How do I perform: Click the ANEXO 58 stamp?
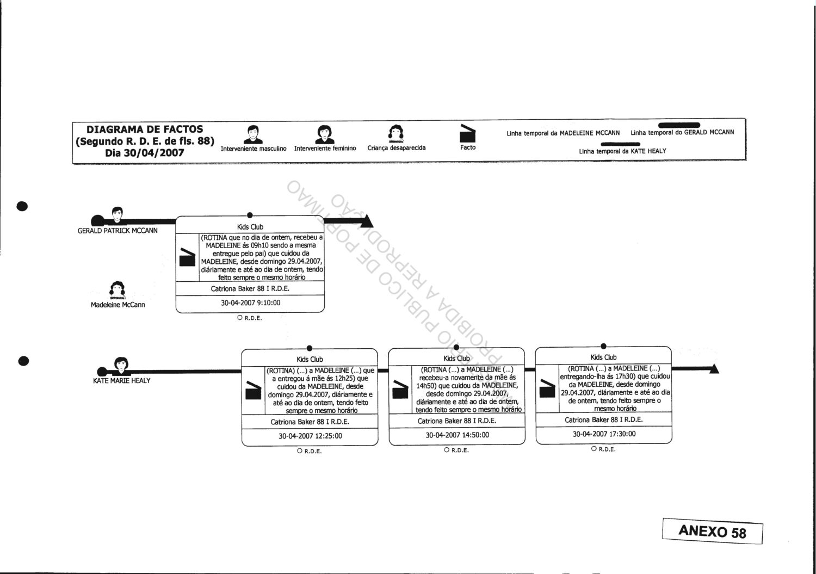tap(713, 530)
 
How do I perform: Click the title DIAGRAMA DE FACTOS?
tap(145, 129)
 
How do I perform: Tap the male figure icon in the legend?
tap(253, 134)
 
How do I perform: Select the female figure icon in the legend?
tap(325, 134)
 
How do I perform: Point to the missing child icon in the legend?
tap(396, 133)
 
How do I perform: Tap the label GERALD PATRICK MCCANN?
tap(118, 231)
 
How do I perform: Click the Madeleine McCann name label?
tap(118, 305)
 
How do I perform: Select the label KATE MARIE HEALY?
tap(122, 380)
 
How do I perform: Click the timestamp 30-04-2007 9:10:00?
tap(250, 303)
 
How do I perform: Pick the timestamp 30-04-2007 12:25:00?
tap(310, 436)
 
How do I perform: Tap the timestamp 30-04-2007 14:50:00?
tap(457, 435)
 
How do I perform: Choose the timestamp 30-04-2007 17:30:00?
tap(604, 434)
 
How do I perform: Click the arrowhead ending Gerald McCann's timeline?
tap(367, 220)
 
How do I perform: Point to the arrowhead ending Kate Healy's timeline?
tap(713, 369)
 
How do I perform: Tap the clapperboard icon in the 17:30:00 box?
tap(547, 388)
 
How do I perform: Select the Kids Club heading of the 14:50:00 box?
tap(457, 358)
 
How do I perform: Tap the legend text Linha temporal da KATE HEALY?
tap(622, 151)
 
